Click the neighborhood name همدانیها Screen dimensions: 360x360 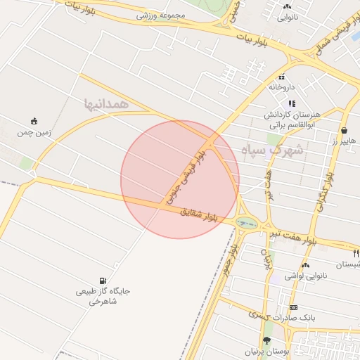click(x=106, y=103)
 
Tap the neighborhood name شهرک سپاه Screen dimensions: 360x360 click(x=271, y=150)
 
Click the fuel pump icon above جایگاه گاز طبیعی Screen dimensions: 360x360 click(x=104, y=281)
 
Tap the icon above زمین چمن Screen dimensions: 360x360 click(x=34, y=120)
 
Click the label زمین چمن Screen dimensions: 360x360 click(x=33, y=131)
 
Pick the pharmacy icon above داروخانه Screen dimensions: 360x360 click(x=281, y=77)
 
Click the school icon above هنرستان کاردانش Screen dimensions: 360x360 click(x=291, y=103)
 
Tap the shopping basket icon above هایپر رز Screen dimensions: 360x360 click(x=344, y=130)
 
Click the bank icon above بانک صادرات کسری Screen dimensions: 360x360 click(x=293, y=307)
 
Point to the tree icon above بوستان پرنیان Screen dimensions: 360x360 click(x=266, y=340)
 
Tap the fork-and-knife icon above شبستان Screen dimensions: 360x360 click(x=356, y=253)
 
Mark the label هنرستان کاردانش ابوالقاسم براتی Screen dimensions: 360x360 click(x=292, y=119)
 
